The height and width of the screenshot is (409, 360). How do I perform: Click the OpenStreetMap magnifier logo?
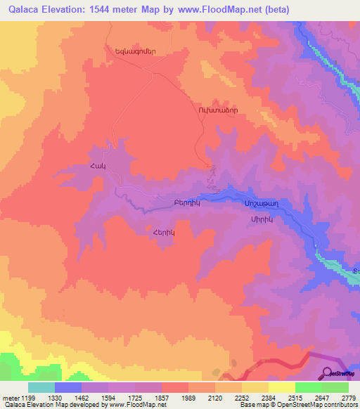328,373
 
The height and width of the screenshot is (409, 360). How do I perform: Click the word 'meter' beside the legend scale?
9,396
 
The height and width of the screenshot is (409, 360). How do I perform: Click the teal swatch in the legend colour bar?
41,387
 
